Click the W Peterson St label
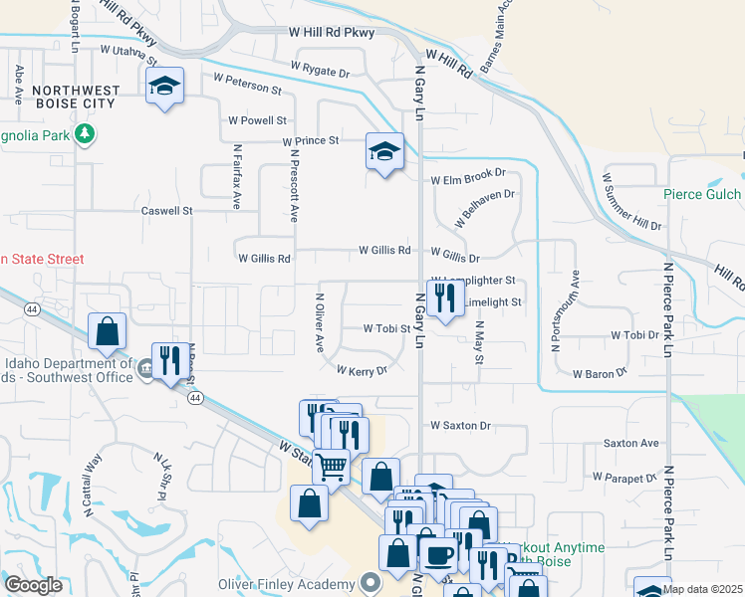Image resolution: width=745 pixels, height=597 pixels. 247,84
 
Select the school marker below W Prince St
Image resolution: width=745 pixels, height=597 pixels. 384,152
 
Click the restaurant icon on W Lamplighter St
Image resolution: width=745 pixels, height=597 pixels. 444,298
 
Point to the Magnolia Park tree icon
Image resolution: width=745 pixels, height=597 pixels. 86,133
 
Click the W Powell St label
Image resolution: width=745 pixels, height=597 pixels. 257,120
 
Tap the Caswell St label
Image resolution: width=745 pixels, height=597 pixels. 166,211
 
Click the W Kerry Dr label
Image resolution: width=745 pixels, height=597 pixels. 361,370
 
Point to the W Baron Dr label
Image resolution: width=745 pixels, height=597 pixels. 600,373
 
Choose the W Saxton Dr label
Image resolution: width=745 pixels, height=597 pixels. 461,426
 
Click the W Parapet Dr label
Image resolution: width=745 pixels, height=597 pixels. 625,477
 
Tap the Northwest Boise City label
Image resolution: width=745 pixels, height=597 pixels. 76,97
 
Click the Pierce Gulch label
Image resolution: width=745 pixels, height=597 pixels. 704,195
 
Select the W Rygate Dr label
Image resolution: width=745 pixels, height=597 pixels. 320,70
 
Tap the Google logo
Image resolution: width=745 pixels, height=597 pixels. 33,585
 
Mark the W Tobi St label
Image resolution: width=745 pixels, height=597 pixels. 386,327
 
